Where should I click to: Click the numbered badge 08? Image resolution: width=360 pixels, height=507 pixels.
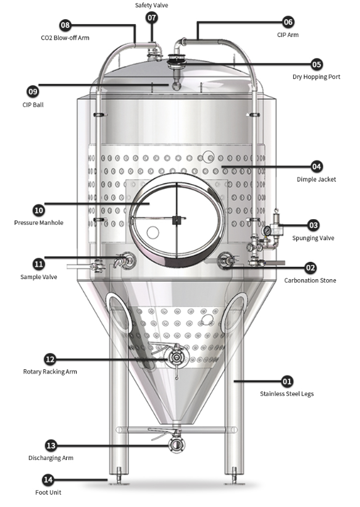tap(65, 25)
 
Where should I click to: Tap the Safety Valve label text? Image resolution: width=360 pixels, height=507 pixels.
tap(151, 5)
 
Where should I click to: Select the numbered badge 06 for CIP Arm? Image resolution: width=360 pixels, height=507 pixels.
tap(288, 22)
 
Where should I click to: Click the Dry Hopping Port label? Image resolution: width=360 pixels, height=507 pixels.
tap(316, 77)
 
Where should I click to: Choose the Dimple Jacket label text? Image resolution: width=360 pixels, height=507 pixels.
tap(316, 180)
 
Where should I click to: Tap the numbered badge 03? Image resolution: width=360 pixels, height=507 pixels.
tap(313, 225)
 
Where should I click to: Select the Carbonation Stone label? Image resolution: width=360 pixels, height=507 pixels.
tap(310, 280)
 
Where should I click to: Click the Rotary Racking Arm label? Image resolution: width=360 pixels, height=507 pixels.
tap(50, 372)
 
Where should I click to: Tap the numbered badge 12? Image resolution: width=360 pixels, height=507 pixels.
tap(50, 359)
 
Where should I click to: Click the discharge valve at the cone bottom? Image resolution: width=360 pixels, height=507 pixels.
tap(176, 443)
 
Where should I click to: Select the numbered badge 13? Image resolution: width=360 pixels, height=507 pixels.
tap(52, 445)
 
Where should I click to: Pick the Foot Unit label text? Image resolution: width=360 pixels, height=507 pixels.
tap(48, 492)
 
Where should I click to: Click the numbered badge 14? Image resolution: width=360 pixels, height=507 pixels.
tap(48, 479)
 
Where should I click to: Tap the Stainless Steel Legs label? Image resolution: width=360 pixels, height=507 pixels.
tap(287, 393)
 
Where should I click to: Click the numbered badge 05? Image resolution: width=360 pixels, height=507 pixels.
tap(316, 64)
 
